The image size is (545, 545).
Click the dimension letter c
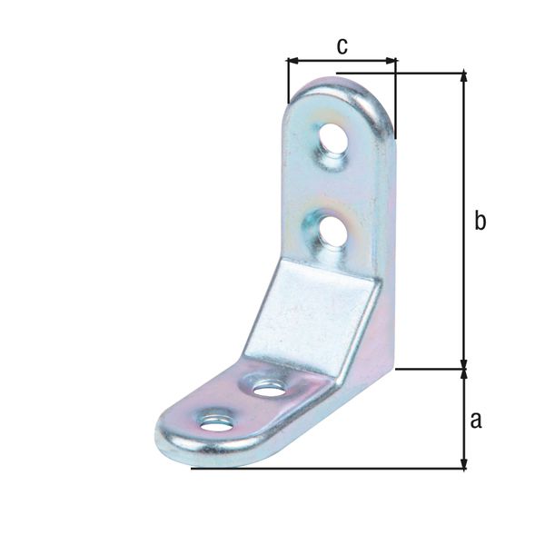[342, 46]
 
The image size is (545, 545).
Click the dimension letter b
[481, 221]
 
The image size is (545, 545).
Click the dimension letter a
[475, 419]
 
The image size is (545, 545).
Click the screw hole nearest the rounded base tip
[215, 422]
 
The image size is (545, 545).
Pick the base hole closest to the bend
[268, 389]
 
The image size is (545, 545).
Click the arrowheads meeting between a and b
[464, 369]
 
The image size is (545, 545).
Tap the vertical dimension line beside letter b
[464, 272]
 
